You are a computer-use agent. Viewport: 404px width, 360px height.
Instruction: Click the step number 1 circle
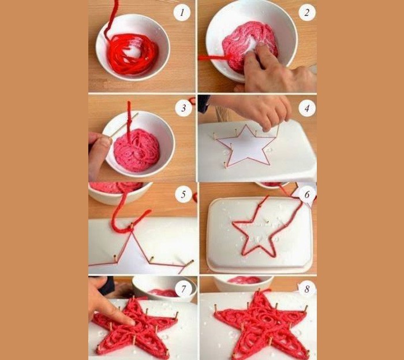182,12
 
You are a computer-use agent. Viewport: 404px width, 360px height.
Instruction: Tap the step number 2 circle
307,12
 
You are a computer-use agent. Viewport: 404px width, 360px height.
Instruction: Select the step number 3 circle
184,108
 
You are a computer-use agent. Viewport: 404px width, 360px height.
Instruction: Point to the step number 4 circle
307,108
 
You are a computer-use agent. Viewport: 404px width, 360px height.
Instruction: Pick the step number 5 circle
183,194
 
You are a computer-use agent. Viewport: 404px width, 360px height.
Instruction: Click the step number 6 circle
307,194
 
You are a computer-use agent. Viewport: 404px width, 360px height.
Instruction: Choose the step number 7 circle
183,289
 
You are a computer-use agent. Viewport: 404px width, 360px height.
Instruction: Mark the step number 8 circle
306,289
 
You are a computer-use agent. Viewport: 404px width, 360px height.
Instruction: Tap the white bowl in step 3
139,144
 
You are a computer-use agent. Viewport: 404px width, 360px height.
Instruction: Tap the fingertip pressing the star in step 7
130,321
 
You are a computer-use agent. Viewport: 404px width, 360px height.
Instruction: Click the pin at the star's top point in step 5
132,227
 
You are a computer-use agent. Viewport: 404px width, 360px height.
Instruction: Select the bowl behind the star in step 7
164,288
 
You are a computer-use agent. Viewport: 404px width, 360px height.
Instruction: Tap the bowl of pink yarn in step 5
120,192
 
